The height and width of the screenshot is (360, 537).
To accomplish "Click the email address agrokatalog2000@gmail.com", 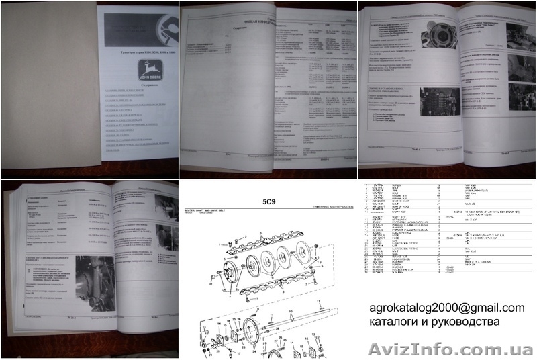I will [447, 308].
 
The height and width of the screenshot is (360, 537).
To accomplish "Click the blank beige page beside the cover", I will [50, 87].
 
